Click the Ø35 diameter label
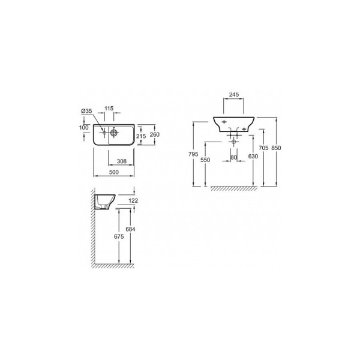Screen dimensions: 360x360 86,111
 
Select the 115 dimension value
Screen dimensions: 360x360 109,108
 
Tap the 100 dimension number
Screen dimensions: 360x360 84,127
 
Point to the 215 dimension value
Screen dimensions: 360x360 141,136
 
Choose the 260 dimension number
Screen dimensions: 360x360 155,134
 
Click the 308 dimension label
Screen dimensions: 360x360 122,161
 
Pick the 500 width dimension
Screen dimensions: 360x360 114,172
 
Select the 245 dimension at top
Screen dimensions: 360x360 234,94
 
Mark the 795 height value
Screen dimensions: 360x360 193,154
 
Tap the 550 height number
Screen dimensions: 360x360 205,160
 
